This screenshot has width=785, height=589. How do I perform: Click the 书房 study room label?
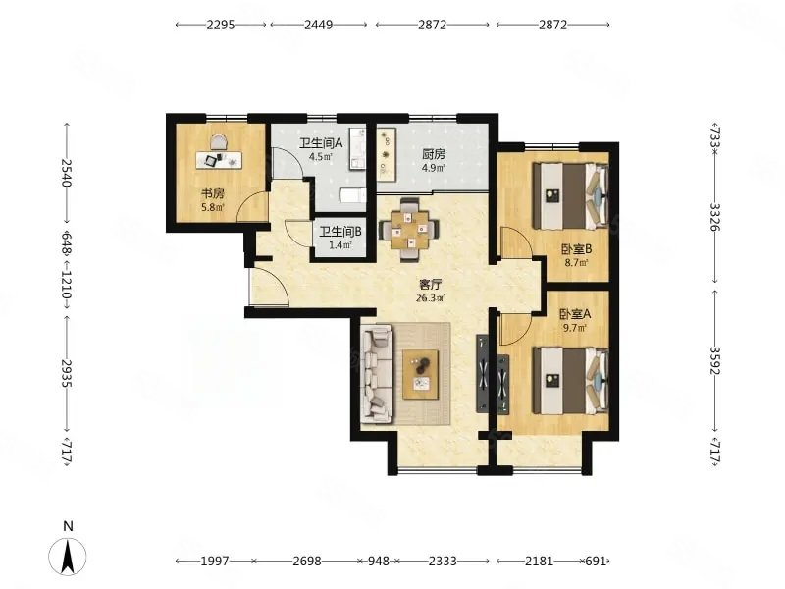click(212, 193)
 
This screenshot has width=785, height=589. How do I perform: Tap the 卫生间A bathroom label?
click(321, 143)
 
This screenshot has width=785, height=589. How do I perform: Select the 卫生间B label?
click(340, 232)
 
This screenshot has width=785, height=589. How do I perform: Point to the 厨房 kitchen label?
click(434, 154)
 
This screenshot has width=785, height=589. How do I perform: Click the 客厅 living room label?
click(430, 285)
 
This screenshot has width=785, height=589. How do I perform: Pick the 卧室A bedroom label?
click(575, 314)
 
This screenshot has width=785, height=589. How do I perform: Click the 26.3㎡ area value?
click(430, 298)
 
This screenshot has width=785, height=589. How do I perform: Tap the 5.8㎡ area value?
click(213, 206)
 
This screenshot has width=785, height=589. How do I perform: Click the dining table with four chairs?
click(410, 230)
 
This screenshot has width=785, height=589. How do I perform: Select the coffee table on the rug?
click(421, 375)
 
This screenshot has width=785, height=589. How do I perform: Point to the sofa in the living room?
click(377, 373)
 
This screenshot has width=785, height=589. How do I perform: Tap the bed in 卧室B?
click(571, 194)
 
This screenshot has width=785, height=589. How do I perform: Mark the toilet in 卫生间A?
click(353, 195)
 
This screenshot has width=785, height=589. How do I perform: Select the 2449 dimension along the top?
click(318, 25)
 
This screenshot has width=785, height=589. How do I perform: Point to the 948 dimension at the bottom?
click(378, 561)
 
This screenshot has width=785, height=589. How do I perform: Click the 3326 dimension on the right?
click(714, 217)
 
